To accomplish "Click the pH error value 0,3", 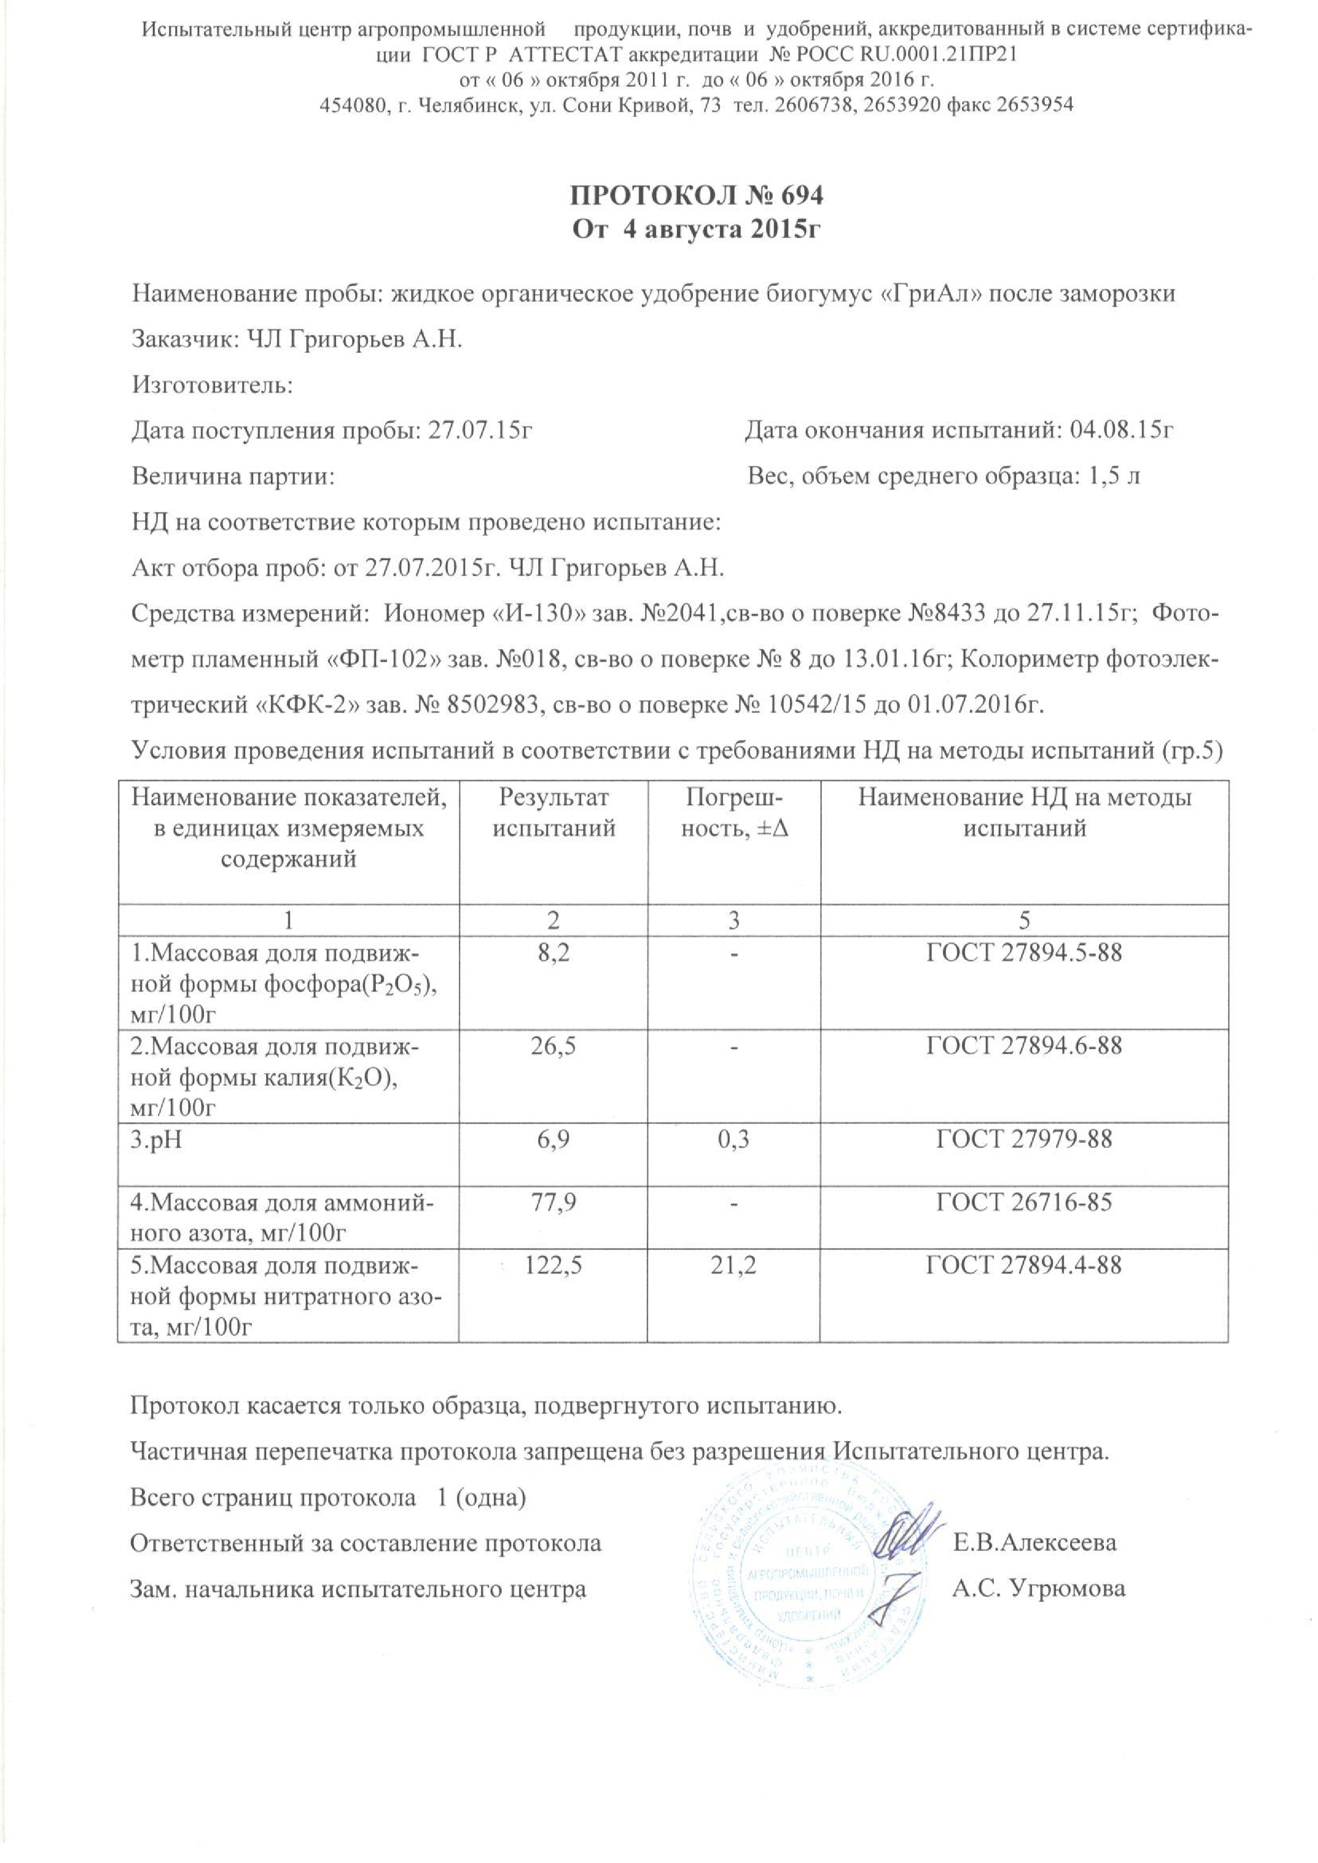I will [733, 1139].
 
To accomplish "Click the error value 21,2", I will [733, 1264].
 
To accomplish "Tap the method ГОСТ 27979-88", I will [1024, 1139].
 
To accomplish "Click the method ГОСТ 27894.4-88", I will [1024, 1264].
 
